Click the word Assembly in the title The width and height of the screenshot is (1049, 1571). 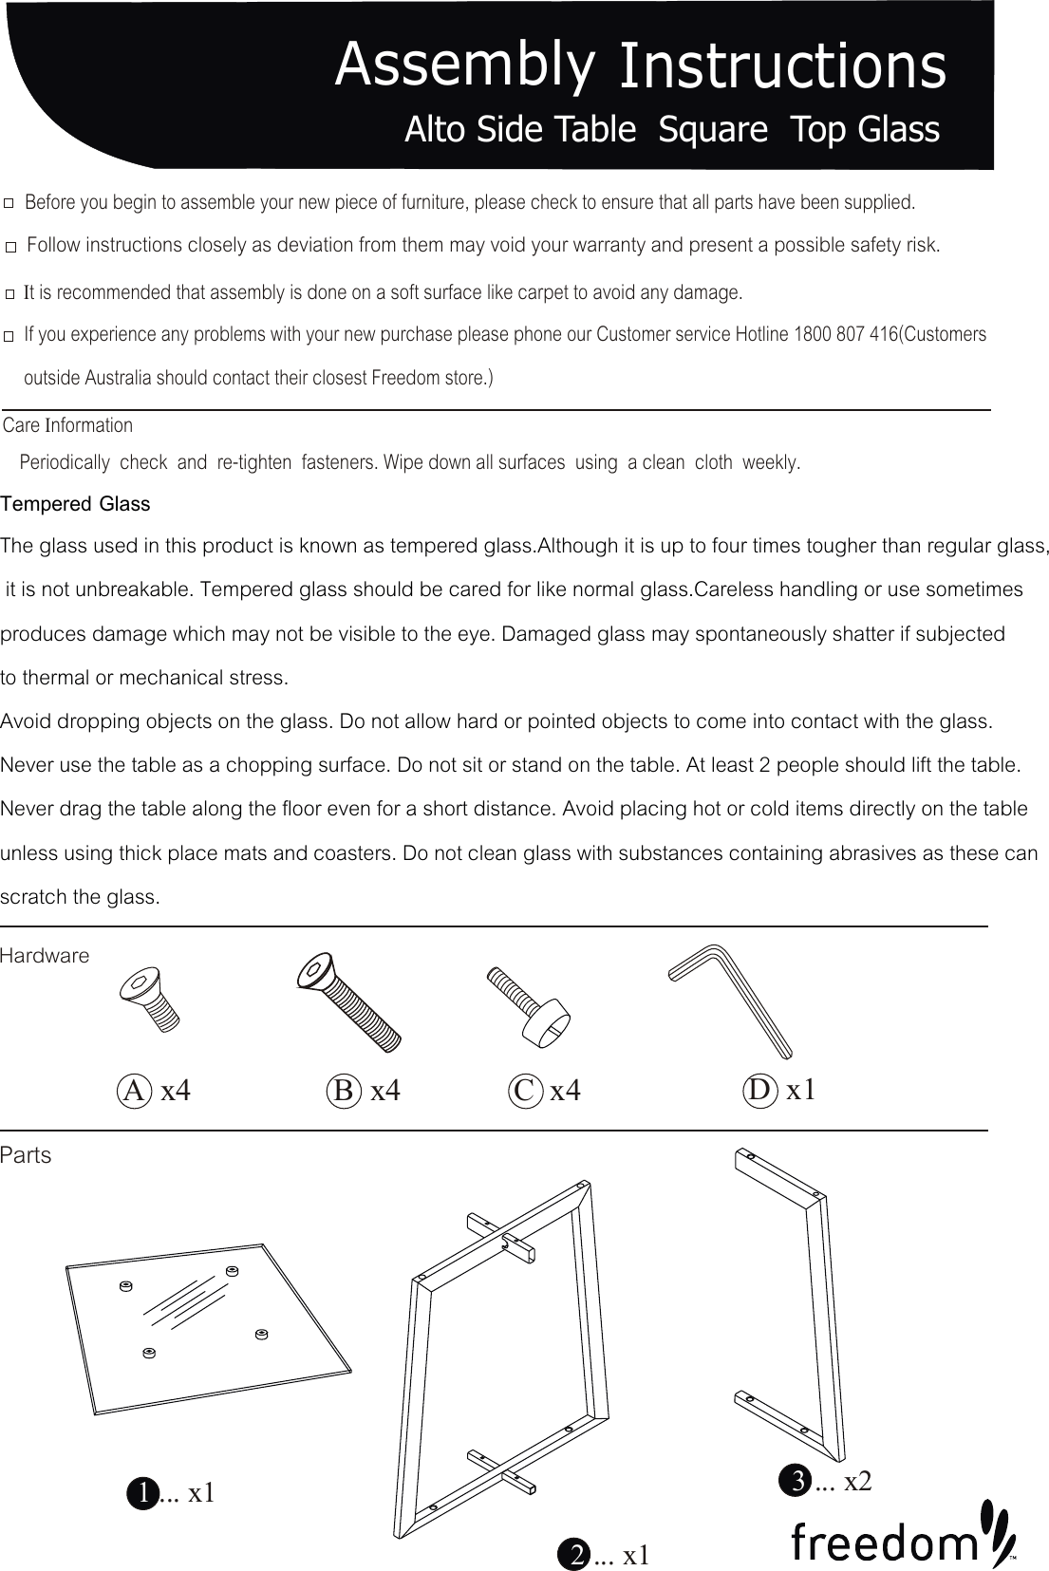click(x=465, y=65)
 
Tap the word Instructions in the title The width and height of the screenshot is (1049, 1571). click(x=781, y=66)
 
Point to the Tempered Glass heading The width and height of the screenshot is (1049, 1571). click(x=76, y=504)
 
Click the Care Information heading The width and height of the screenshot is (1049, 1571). click(x=68, y=425)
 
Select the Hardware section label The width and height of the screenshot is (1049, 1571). click(x=45, y=956)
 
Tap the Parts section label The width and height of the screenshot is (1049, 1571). click(x=27, y=1155)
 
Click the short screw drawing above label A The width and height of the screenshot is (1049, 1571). click(x=151, y=999)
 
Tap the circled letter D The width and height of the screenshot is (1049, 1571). click(x=760, y=1091)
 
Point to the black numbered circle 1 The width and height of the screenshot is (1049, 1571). click(x=142, y=1493)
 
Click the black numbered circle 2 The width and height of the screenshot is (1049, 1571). click(x=575, y=1555)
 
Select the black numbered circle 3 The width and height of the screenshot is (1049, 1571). click(x=796, y=1480)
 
